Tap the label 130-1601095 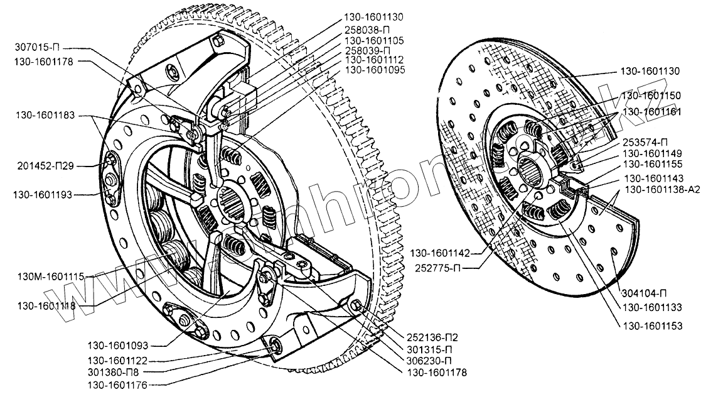tap(375, 70)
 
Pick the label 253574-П tap(646, 142)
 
